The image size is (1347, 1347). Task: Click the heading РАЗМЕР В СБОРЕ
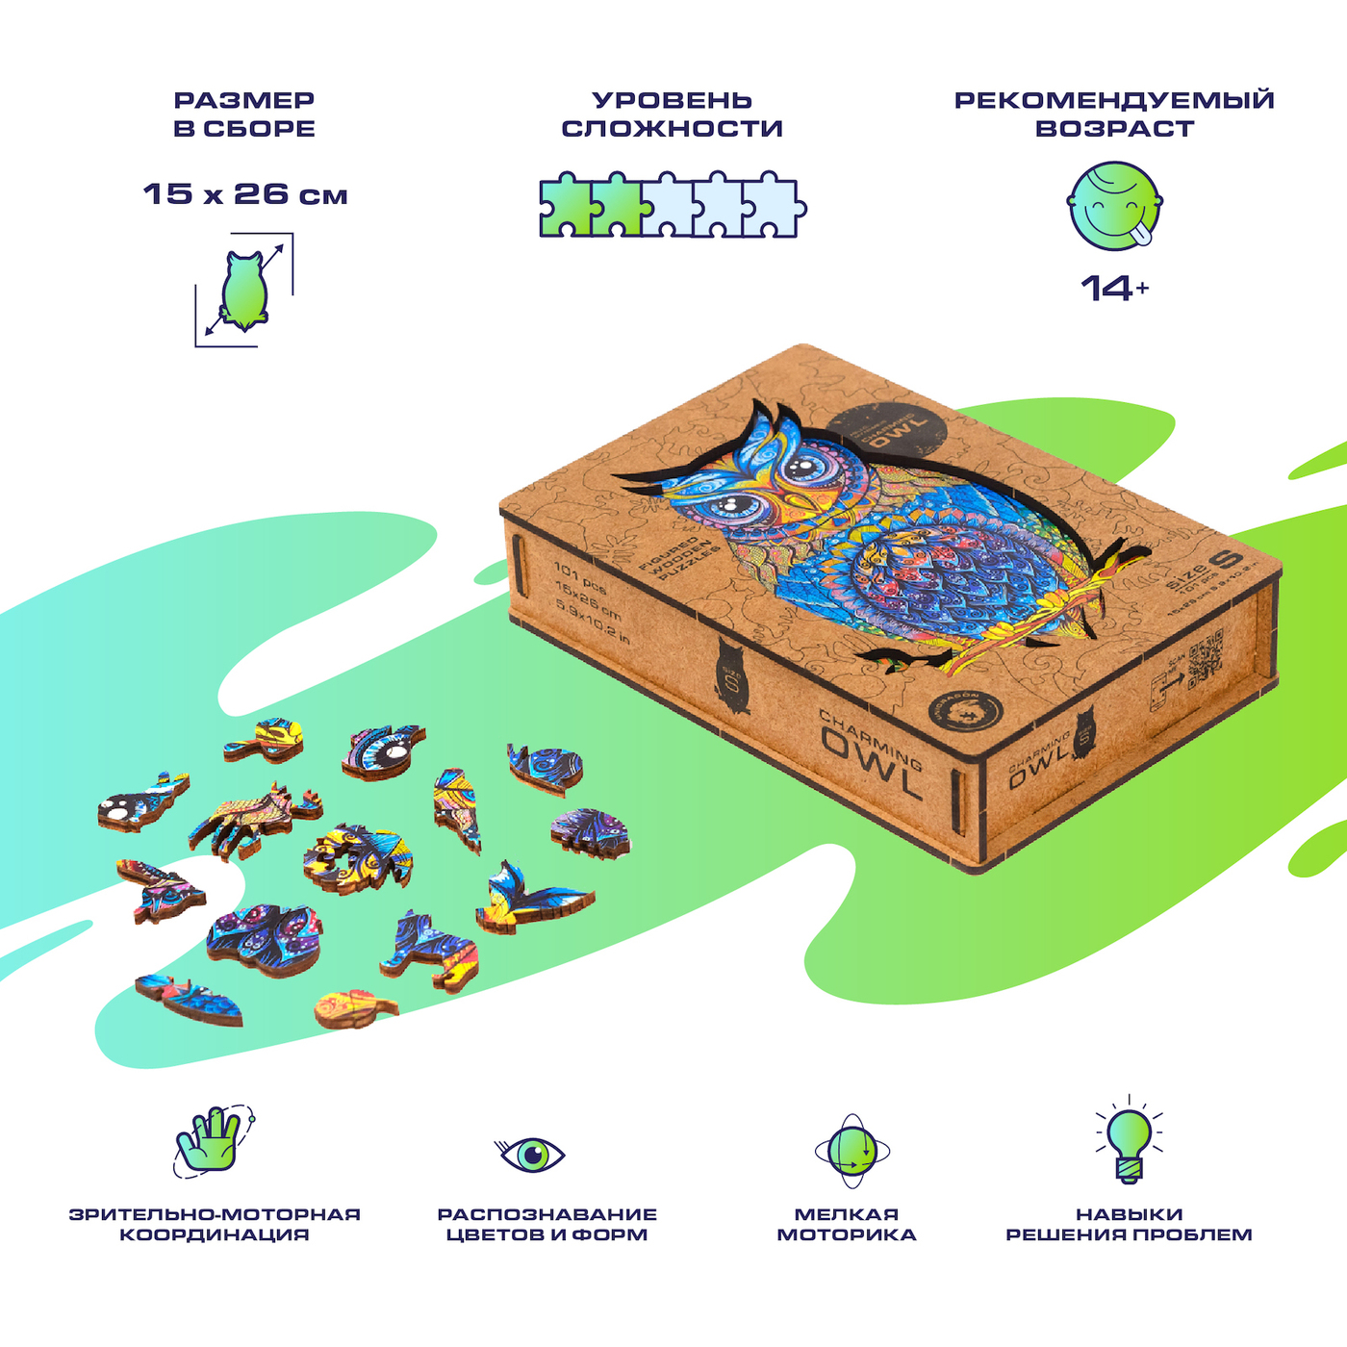coord(244,114)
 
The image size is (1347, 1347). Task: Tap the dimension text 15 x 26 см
coord(245,193)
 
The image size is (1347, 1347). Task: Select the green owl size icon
coord(244,290)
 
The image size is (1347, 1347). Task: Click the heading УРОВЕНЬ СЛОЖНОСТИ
coord(672,114)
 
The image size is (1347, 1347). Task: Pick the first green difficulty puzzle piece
coord(566,206)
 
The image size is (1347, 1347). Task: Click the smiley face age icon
coord(1115,205)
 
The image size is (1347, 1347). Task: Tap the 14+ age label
coord(1114,287)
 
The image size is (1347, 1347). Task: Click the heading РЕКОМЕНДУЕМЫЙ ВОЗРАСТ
coord(1114,114)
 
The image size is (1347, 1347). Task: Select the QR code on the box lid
coord(1205,658)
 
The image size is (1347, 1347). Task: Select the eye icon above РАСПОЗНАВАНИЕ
coord(531,1154)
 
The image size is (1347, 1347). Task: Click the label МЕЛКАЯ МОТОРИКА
coord(847,1224)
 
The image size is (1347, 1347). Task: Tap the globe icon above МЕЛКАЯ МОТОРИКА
coord(851,1151)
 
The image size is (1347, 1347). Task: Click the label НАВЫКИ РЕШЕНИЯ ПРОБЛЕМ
coord(1129,1224)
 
